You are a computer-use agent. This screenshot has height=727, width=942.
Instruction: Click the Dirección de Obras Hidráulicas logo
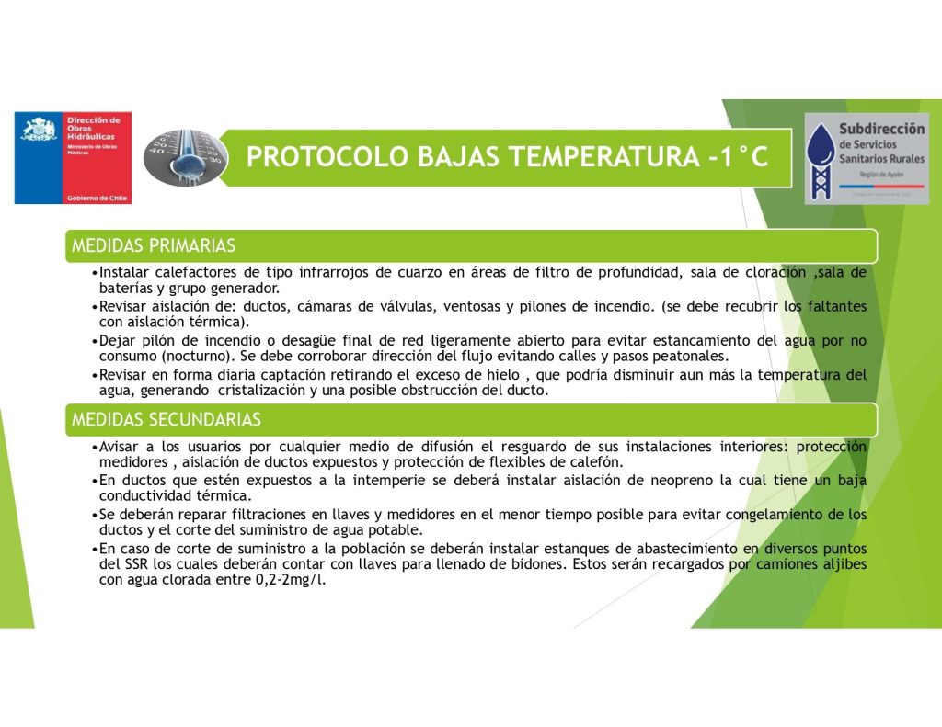tap(73, 157)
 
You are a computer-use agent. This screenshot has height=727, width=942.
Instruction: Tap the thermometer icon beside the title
tap(187, 157)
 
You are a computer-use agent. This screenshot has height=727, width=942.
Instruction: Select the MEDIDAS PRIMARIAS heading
tap(154, 245)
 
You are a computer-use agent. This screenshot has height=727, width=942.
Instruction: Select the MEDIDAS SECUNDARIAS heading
tap(167, 420)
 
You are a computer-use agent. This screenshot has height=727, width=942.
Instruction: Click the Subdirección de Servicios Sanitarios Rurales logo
tap(866, 157)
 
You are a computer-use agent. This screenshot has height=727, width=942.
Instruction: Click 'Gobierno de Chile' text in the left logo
tap(98, 198)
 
